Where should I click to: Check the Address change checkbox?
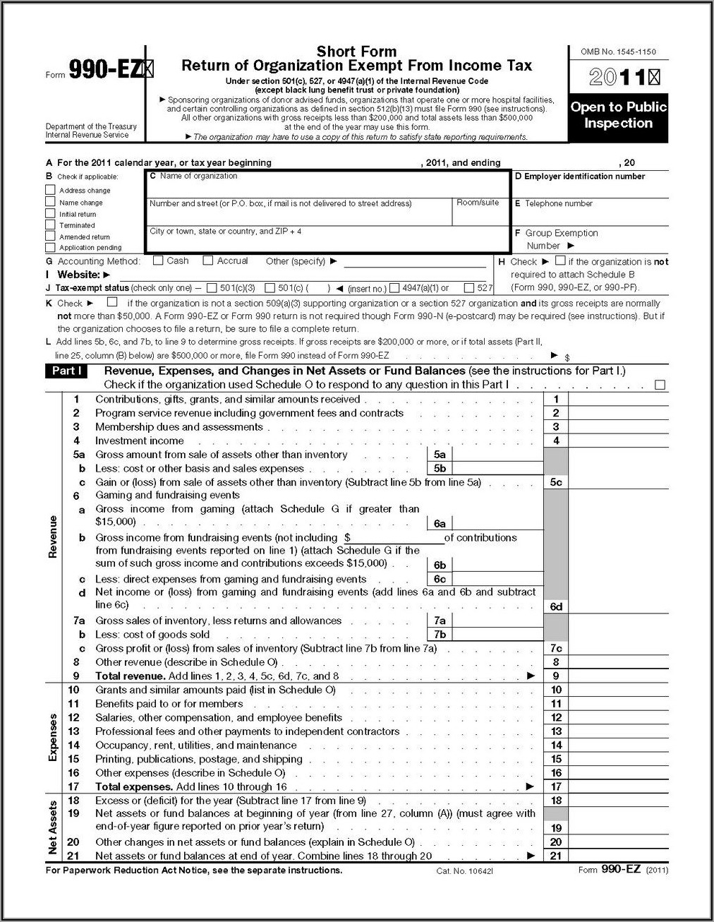click(50, 190)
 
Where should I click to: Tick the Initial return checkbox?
click(50, 213)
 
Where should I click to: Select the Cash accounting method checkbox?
click(158, 261)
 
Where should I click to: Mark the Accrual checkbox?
click(208, 261)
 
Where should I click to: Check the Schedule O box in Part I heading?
click(660, 385)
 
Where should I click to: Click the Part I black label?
click(66, 371)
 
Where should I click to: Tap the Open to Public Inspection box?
click(618, 115)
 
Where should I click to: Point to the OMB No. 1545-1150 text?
click(618, 52)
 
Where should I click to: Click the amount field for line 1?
click(617, 400)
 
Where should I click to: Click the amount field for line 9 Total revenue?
click(617, 676)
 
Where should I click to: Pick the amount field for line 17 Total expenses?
click(617, 786)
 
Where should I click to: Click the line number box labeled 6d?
click(556, 606)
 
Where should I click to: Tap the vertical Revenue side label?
click(53, 537)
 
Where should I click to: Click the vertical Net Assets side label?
click(53, 827)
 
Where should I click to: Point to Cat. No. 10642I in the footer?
click(464, 871)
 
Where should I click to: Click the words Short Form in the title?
click(356, 52)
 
